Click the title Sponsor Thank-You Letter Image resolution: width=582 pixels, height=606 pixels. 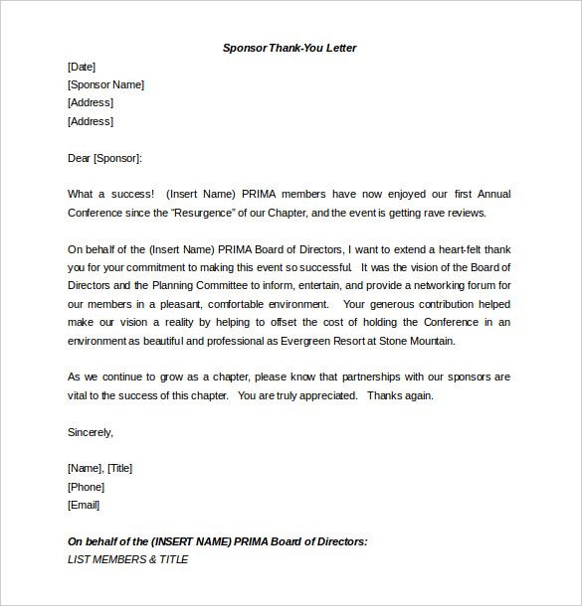[290, 48]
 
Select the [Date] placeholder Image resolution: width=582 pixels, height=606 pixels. [82, 67]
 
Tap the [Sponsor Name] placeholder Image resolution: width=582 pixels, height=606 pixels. [105, 84]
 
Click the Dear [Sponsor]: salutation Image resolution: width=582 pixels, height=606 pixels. [104, 158]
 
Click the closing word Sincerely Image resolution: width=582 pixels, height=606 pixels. [90, 432]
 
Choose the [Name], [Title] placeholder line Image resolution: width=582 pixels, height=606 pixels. [99, 468]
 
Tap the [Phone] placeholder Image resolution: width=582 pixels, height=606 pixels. [86, 487]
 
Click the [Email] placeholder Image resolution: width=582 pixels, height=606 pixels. [84, 505]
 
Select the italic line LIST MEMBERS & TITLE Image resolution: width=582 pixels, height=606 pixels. [127, 559]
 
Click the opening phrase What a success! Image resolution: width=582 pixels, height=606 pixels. [110, 194]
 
